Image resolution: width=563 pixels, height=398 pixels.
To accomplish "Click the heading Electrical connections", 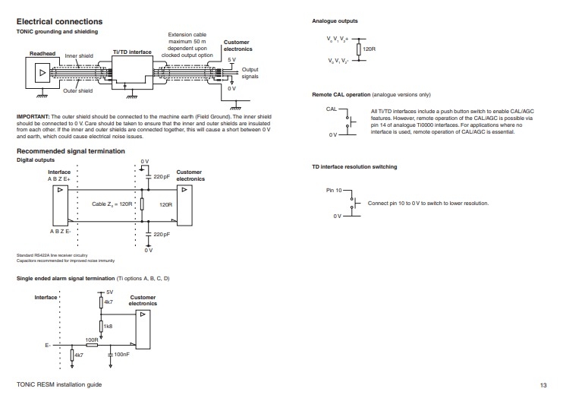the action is click(x=60, y=21).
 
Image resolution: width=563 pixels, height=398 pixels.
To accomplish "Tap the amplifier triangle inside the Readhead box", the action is click(x=42, y=73).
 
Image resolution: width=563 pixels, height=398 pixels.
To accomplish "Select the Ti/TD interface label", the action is click(x=132, y=52).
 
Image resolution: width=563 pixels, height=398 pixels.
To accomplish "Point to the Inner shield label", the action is click(x=79, y=55).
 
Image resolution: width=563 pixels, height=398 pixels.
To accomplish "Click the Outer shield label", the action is click(x=78, y=90).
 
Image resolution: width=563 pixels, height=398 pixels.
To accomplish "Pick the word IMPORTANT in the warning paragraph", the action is click(x=33, y=116).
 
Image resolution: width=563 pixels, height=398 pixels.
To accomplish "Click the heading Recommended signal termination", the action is click(x=71, y=151).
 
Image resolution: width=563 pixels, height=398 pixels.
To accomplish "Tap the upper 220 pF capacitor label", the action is click(x=162, y=176).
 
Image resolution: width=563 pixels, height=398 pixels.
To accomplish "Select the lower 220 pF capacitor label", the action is click(x=162, y=234).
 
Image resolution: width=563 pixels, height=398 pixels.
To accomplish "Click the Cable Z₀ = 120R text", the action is click(x=112, y=204).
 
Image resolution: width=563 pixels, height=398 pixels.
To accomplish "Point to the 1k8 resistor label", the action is click(x=108, y=326).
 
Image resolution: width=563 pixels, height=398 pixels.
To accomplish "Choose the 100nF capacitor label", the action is click(x=121, y=354).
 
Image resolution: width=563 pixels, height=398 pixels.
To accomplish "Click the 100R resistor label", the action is click(x=92, y=340).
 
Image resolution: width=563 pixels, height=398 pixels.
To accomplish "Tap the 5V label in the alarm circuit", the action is click(x=109, y=292).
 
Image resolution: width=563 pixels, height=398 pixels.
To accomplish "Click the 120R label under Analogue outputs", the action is click(x=369, y=49).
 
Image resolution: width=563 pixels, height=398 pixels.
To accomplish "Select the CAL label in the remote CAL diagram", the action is click(x=332, y=109).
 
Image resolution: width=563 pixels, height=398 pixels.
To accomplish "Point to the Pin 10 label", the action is click(x=334, y=190).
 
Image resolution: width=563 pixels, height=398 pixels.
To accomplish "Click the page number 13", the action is click(x=543, y=385).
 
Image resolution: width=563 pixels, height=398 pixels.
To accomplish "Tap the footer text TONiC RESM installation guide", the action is click(x=59, y=384).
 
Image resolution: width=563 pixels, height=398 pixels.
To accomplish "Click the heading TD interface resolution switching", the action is click(x=354, y=167).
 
